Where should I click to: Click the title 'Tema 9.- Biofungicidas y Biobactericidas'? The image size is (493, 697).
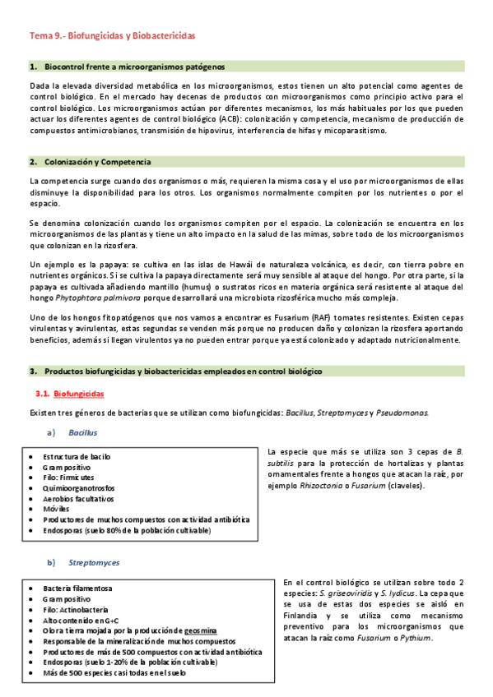click(x=113, y=37)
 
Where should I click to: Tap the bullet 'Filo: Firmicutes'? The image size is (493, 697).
click(x=68, y=477)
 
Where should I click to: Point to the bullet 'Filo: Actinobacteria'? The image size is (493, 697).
click(x=77, y=609)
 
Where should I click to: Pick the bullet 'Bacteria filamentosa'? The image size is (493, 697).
click(x=77, y=589)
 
